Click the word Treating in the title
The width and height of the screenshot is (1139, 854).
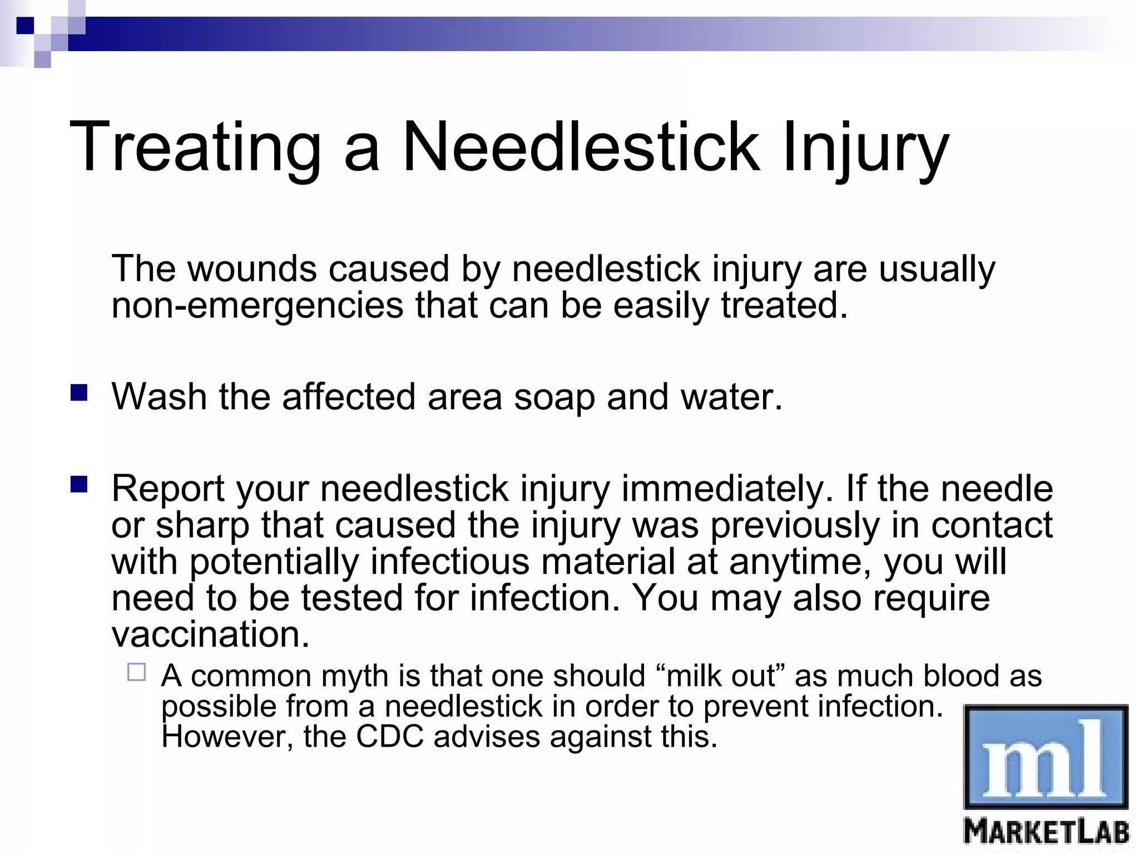point(195,147)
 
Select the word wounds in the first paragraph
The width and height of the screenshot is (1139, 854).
point(252,269)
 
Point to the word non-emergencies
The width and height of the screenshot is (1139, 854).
point(257,305)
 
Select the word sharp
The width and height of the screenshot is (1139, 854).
point(202,525)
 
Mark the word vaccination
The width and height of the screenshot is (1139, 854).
point(210,634)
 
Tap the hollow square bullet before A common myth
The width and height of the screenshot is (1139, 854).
point(136,672)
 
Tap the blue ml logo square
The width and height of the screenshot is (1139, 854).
point(1046,756)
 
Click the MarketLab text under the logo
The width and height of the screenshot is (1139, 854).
point(1046,833)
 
